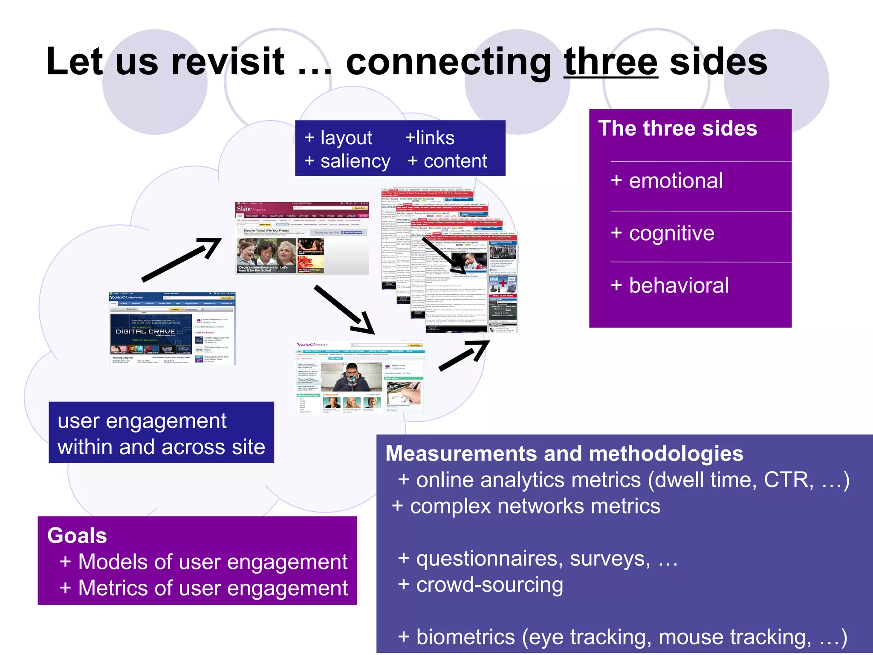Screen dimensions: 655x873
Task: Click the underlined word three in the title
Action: coord(610,62)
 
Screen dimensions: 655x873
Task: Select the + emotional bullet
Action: coord(667,181)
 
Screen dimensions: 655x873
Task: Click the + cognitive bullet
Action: coord(663,233)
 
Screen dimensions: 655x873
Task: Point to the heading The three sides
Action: coord(677,128)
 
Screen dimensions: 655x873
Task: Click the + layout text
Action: coord(338,138)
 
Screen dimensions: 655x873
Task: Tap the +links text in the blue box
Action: coord(430,138)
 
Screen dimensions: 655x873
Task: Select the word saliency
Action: coord(355,161)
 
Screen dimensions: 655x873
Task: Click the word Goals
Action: coord(77,535)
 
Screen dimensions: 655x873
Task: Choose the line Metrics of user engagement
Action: coord(204,588)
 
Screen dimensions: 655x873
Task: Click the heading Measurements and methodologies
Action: coord(564,453)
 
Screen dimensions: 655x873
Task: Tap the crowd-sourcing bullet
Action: coord(480,585)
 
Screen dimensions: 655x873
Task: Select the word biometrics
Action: coord(465,637)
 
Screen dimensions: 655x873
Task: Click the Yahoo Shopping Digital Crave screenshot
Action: coord(172,328)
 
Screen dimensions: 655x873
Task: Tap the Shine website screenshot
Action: coord(302,238)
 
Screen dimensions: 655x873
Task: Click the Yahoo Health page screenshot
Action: coord(360,377)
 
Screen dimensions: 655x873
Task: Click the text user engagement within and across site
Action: coord(161,433)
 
